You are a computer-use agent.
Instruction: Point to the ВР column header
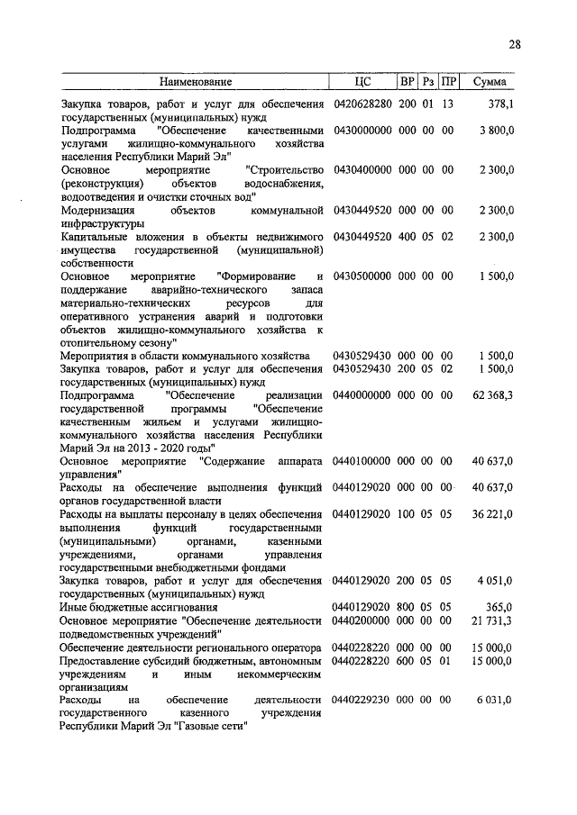pyautogui.click(x=407, y=82)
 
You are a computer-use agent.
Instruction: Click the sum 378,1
pyautogui.click(x=499, y=104)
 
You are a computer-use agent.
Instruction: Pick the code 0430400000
pyautogui.click(x=362, y=170)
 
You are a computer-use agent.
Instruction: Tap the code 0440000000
pyautogui.click(x=362, y=395)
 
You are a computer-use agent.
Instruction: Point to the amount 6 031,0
pyautogui.click(x=495, y=700)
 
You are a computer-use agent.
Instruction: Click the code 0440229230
pyautogui.click(x=362, y=700)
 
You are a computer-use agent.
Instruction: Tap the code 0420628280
pyautogui.click(x=362, y=104)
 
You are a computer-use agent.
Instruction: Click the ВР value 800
pyautogui.click(x=407, y=608)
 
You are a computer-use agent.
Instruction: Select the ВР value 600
pyautogui.click(x=407, y=660)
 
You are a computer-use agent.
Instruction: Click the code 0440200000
pyautogui.click(x=362, y=620)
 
